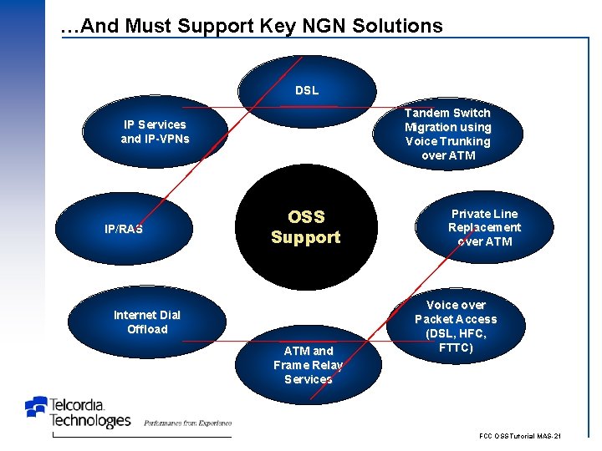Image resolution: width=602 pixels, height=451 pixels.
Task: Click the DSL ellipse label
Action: pyautogui.click(x=306, y=90)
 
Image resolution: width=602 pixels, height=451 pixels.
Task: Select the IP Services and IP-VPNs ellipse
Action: pyautogui.click(x=155, y=131)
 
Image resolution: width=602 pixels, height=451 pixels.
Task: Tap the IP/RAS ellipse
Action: pyautogui.click(x=124, y=228)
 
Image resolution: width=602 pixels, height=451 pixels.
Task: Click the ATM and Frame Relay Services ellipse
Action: pyautogui.click(x=309, y=365)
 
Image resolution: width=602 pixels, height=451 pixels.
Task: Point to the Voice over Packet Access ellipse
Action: pyautogui.click(x=456, y=326)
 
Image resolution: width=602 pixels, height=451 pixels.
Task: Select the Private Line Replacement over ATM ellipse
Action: pyautogui.click(x=484, y=228)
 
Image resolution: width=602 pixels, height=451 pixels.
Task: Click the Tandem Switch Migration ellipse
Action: pyautogui.click(x=447, y=134)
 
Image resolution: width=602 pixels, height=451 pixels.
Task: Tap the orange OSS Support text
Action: pyautogui.click(x=306, y=227)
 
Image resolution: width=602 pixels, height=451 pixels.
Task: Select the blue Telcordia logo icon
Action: pyautogui.click(x=36, y=407)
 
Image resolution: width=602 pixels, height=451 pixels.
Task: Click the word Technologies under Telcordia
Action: pyautogui.click(x=90, y=421)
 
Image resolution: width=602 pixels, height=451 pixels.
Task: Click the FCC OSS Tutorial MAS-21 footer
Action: pyautogui.click(x=519, y=437)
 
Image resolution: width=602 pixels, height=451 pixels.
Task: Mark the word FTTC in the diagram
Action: pyautogui.click(x=456, y=347)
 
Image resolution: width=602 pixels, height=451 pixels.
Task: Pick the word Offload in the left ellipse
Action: pyautogui.click(x=147, y=329)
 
